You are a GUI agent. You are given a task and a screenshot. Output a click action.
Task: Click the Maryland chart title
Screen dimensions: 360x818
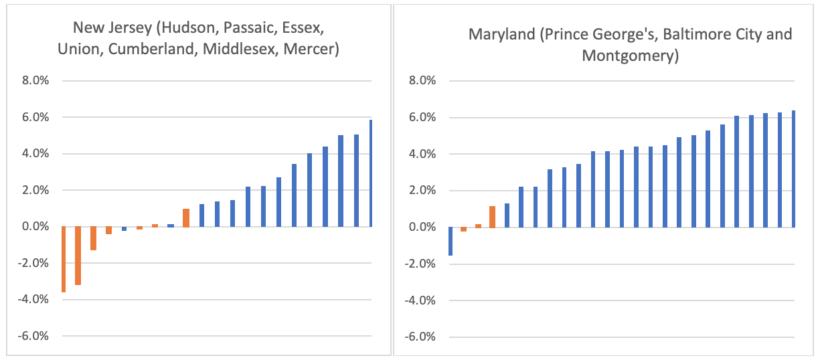pyautogui.click(x=630, y=44)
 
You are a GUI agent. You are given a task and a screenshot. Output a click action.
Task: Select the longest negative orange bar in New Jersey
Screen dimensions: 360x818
pyautogui.click(x=63, y=259)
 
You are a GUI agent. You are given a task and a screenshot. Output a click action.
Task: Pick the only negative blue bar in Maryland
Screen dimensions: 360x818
pyautogui.click(x=450, y=241)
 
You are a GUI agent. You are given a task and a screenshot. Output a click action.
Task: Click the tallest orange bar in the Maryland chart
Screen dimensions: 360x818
pyautogui.click(x=492, y=217)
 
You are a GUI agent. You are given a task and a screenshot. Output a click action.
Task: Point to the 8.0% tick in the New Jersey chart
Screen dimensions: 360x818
pyautogui.click(x=34, y=81)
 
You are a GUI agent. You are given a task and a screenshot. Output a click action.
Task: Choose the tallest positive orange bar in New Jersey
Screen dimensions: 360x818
pyautogui.click(x=186, y=217)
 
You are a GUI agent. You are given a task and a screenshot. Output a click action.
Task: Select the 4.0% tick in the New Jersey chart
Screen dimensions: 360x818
pyautogui.click(x=34, y=154)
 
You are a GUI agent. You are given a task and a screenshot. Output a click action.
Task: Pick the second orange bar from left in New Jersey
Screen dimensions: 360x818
pyautogui.click(x=78, y=256)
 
